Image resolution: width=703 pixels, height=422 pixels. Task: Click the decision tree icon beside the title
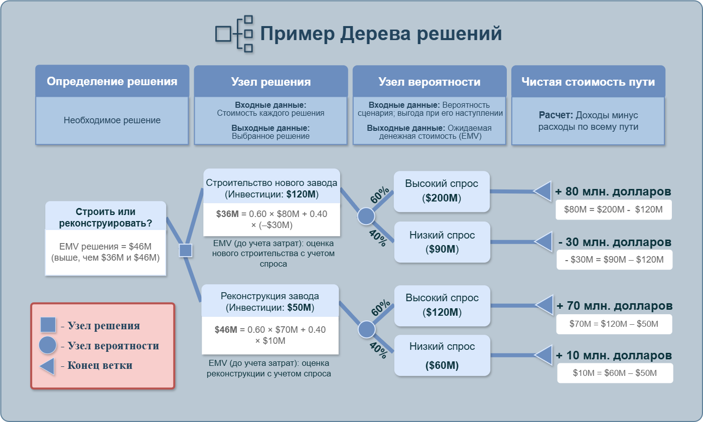(234, 34)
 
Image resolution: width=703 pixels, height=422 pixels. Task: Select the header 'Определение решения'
(112, 81)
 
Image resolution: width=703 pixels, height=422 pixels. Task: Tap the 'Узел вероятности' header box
(429, 82)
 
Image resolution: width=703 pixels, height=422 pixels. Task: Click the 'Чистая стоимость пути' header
(588, 82)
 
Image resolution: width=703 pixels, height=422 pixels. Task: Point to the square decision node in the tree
(186, 250)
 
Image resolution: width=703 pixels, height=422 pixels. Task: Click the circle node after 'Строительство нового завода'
(366, 216)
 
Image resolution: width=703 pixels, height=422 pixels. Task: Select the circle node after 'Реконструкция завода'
(366, 329)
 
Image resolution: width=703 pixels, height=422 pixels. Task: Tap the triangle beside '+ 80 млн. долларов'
(543, 191)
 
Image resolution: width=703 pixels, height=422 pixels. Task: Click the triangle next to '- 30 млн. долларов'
(544, 242)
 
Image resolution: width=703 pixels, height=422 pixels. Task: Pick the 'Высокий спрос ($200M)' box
(442, 191)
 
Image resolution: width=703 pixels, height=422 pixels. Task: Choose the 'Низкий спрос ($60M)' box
(442, 355)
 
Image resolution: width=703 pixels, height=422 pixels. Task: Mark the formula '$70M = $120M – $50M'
(614, 324)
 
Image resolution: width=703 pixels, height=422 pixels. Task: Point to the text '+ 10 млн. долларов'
(614, 355)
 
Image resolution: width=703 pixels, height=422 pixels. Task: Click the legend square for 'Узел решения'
(48, 325)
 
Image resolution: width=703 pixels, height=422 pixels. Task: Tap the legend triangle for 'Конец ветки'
(47, 366)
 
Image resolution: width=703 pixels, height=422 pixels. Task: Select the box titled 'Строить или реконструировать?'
(105, 218)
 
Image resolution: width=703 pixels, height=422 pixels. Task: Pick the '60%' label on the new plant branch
(380, 195)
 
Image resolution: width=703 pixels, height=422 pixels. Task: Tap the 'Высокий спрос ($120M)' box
(442, 305)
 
